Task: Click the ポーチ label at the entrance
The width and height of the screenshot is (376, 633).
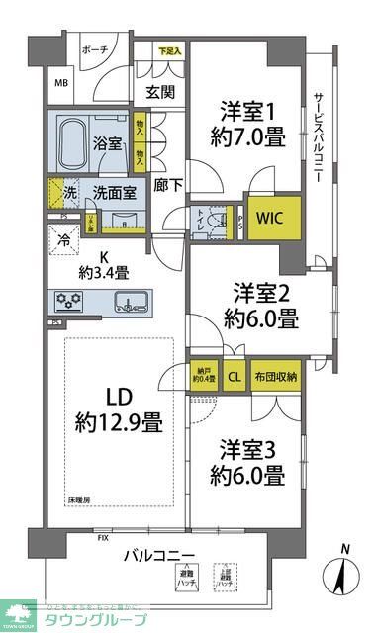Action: point(95,48)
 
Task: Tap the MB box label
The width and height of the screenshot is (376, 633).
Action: point(61,84)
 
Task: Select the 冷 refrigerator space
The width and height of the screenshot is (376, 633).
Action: point(62,238)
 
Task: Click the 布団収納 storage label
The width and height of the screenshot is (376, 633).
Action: point(280,376)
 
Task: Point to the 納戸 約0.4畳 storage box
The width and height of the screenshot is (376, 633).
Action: point(205,377)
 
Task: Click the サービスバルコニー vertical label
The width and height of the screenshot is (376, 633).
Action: point(320,134)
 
